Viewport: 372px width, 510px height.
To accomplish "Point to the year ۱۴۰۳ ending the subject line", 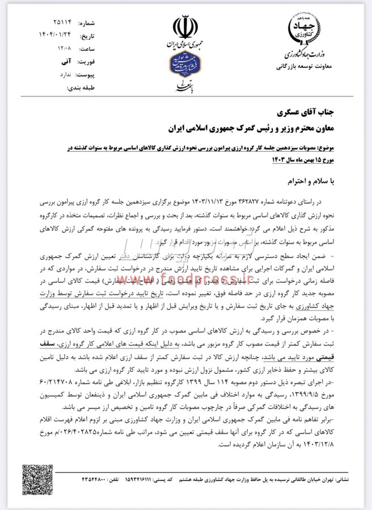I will point(264,159).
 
